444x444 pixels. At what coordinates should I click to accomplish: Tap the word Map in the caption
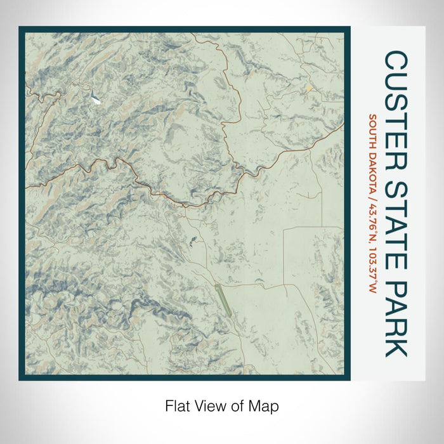pos(268,406)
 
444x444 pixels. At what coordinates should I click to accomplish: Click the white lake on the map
pos(95,98)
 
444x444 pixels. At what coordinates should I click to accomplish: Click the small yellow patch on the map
pos(309,89)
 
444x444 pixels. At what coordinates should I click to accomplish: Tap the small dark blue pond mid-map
pos(192,240)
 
